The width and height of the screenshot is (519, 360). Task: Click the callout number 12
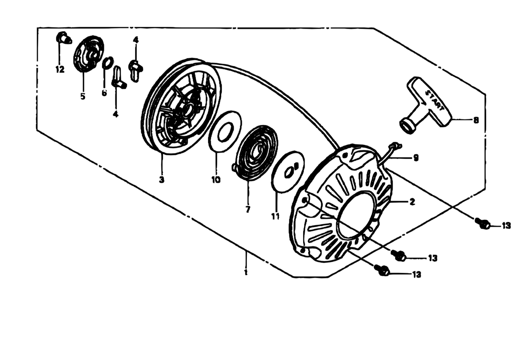[60, 69]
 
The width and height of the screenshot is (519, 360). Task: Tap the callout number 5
[83, 96]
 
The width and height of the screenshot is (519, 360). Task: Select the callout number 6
[104, 93]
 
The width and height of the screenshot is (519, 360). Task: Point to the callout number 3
[162, 179]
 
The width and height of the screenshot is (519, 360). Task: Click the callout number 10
[216, 180]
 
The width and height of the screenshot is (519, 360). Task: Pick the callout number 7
[248, 210]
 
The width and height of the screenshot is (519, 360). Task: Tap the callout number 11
[275, 216]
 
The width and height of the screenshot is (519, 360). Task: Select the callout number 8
[476, 120]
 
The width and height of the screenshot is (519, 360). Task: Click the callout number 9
[416, 158]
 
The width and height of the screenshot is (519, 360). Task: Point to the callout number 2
[412, 202]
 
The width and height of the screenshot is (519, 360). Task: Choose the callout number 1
[246, 272]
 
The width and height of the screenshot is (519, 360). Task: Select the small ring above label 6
[108, 63]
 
